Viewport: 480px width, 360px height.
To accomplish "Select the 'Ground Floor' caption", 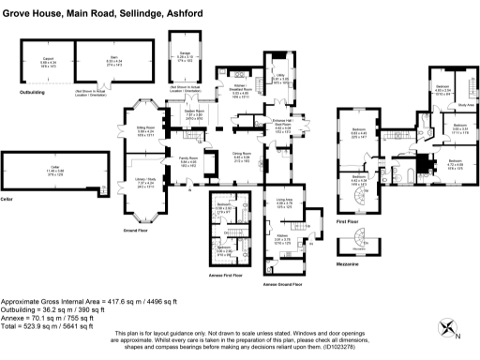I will [140, 228].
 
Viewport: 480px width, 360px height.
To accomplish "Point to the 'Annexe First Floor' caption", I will [231, 275].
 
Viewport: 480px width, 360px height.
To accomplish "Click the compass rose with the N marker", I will [450, 328].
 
